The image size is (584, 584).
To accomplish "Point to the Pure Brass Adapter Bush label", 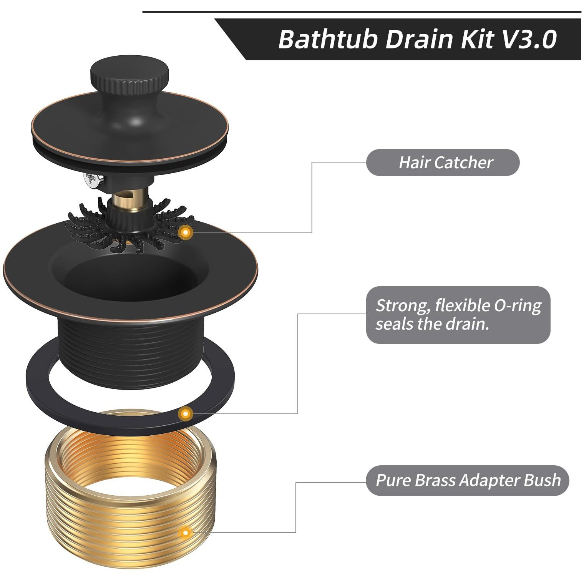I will (x=467, y=480).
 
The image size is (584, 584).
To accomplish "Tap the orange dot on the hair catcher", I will (x=186, y=232).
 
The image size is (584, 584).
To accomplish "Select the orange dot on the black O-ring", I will (x=186, y=414).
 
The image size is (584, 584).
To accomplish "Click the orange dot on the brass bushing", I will (x=186, y=533).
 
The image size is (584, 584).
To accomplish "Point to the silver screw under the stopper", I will (x=93, y=179).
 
